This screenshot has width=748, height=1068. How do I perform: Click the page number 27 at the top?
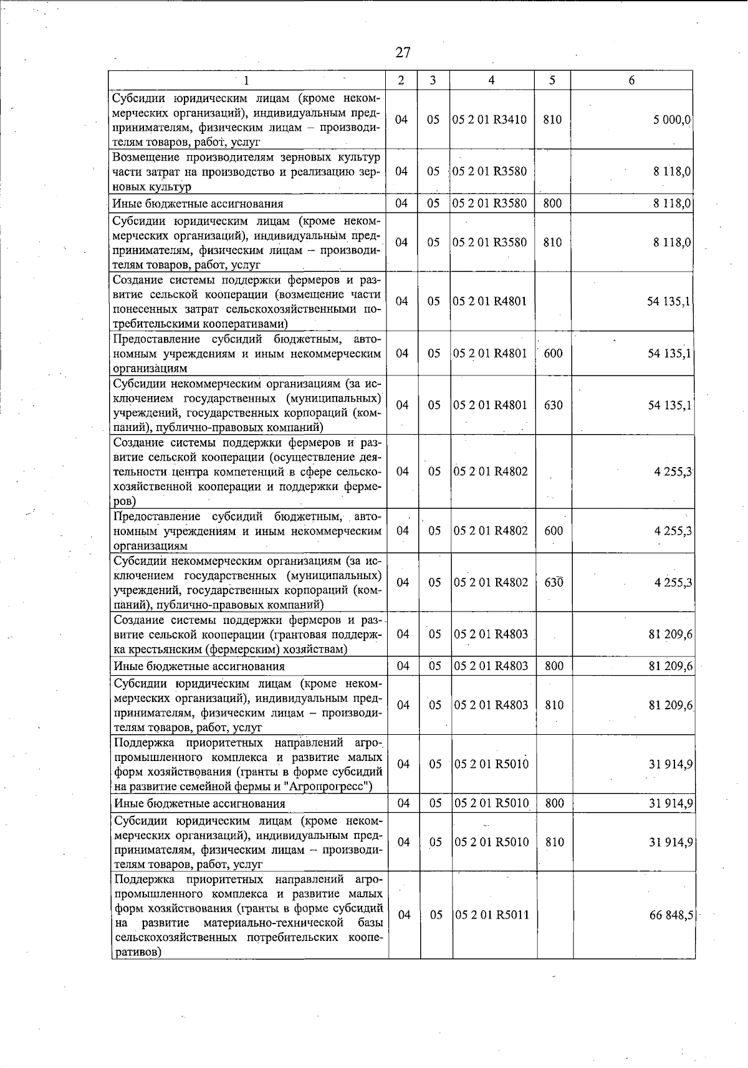[x=403, y=52]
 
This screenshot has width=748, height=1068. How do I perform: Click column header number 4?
[x=491, y=80]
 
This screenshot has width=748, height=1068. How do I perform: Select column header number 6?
[x=631, y=80]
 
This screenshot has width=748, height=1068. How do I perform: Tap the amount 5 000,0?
[x=671, y=120]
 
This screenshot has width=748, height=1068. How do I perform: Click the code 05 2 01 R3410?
[x=491, y=120]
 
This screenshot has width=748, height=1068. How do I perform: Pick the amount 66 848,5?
[x=671, y=915]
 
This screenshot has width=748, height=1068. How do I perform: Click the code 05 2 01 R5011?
[x=492, y=915]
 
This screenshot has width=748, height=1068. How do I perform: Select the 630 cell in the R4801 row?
[x=553, y=405]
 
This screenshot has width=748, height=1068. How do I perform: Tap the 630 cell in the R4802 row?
[x=553, y=582]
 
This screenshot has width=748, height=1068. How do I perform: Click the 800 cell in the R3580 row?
[x=553, y=203]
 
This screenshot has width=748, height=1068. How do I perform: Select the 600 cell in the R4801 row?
[x=553, y=354]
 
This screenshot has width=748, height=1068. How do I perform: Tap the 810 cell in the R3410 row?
[x=552, y=120]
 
